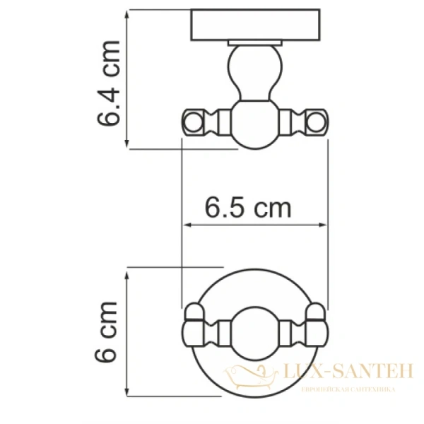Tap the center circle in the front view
(255, 330)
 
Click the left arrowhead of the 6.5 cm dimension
(187, 225)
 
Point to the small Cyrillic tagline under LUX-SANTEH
(347, 389)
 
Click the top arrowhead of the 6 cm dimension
(128, 273)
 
